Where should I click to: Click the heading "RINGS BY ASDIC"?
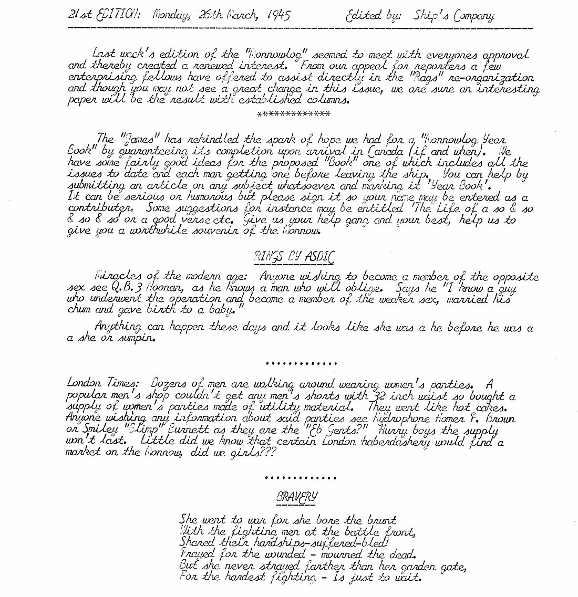(x=293, y=257)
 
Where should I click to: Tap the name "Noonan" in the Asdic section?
(x=169, y=289)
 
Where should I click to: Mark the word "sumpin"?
(x=138, y=338)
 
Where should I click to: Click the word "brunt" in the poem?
(x=379, y=520)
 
